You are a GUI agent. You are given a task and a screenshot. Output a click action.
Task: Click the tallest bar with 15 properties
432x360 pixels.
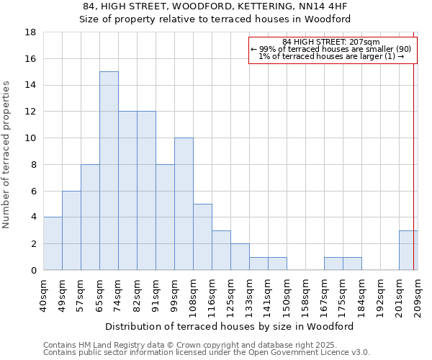pos(109,171)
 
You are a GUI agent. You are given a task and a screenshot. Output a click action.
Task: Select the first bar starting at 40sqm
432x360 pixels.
pos(53,243)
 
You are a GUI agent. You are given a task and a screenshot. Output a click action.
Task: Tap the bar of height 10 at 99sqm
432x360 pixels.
pos(184,204)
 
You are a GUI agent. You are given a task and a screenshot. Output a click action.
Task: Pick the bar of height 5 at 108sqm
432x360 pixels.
pos(202,237)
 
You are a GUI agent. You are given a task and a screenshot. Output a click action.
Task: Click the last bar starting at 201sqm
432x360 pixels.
pos(408,250)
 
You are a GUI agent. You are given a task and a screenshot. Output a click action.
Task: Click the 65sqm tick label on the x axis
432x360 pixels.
pos(100,292)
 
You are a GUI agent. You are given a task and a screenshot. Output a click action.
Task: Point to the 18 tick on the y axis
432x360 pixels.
pos(30,32)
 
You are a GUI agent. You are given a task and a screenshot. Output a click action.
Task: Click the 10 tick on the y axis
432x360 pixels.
pos(30,138)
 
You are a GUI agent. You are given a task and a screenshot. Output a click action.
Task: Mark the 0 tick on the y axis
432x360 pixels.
pos(33,270)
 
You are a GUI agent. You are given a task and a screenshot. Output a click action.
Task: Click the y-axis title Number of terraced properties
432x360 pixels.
pos(7,155)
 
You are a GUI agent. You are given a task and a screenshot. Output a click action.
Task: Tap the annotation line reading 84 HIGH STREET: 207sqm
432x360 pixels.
pos(330,42)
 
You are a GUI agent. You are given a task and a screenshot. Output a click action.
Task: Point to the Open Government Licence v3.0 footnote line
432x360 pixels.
pos(207,353)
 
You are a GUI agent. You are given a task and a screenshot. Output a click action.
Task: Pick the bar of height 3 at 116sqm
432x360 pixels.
pos(221,250)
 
